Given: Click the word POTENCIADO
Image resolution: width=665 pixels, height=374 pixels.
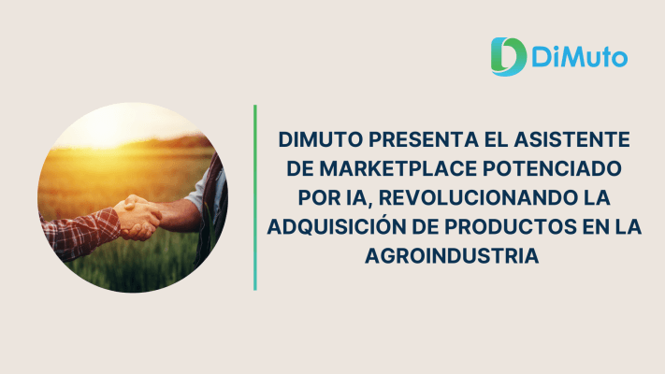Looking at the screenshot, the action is coord(552,168).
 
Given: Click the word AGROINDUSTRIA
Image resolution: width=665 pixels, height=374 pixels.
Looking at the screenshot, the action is coord(452,256).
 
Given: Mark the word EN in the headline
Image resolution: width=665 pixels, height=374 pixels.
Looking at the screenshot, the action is coord(596,227).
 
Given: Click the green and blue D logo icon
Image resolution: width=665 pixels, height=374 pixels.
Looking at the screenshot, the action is coord(509,57).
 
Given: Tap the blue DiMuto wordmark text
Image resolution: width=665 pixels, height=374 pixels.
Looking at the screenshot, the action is coord(579,58).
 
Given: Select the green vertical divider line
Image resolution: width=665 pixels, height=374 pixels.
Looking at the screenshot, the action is coord(255,197).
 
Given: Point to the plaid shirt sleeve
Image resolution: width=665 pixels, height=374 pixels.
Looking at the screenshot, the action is coord(80,233).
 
